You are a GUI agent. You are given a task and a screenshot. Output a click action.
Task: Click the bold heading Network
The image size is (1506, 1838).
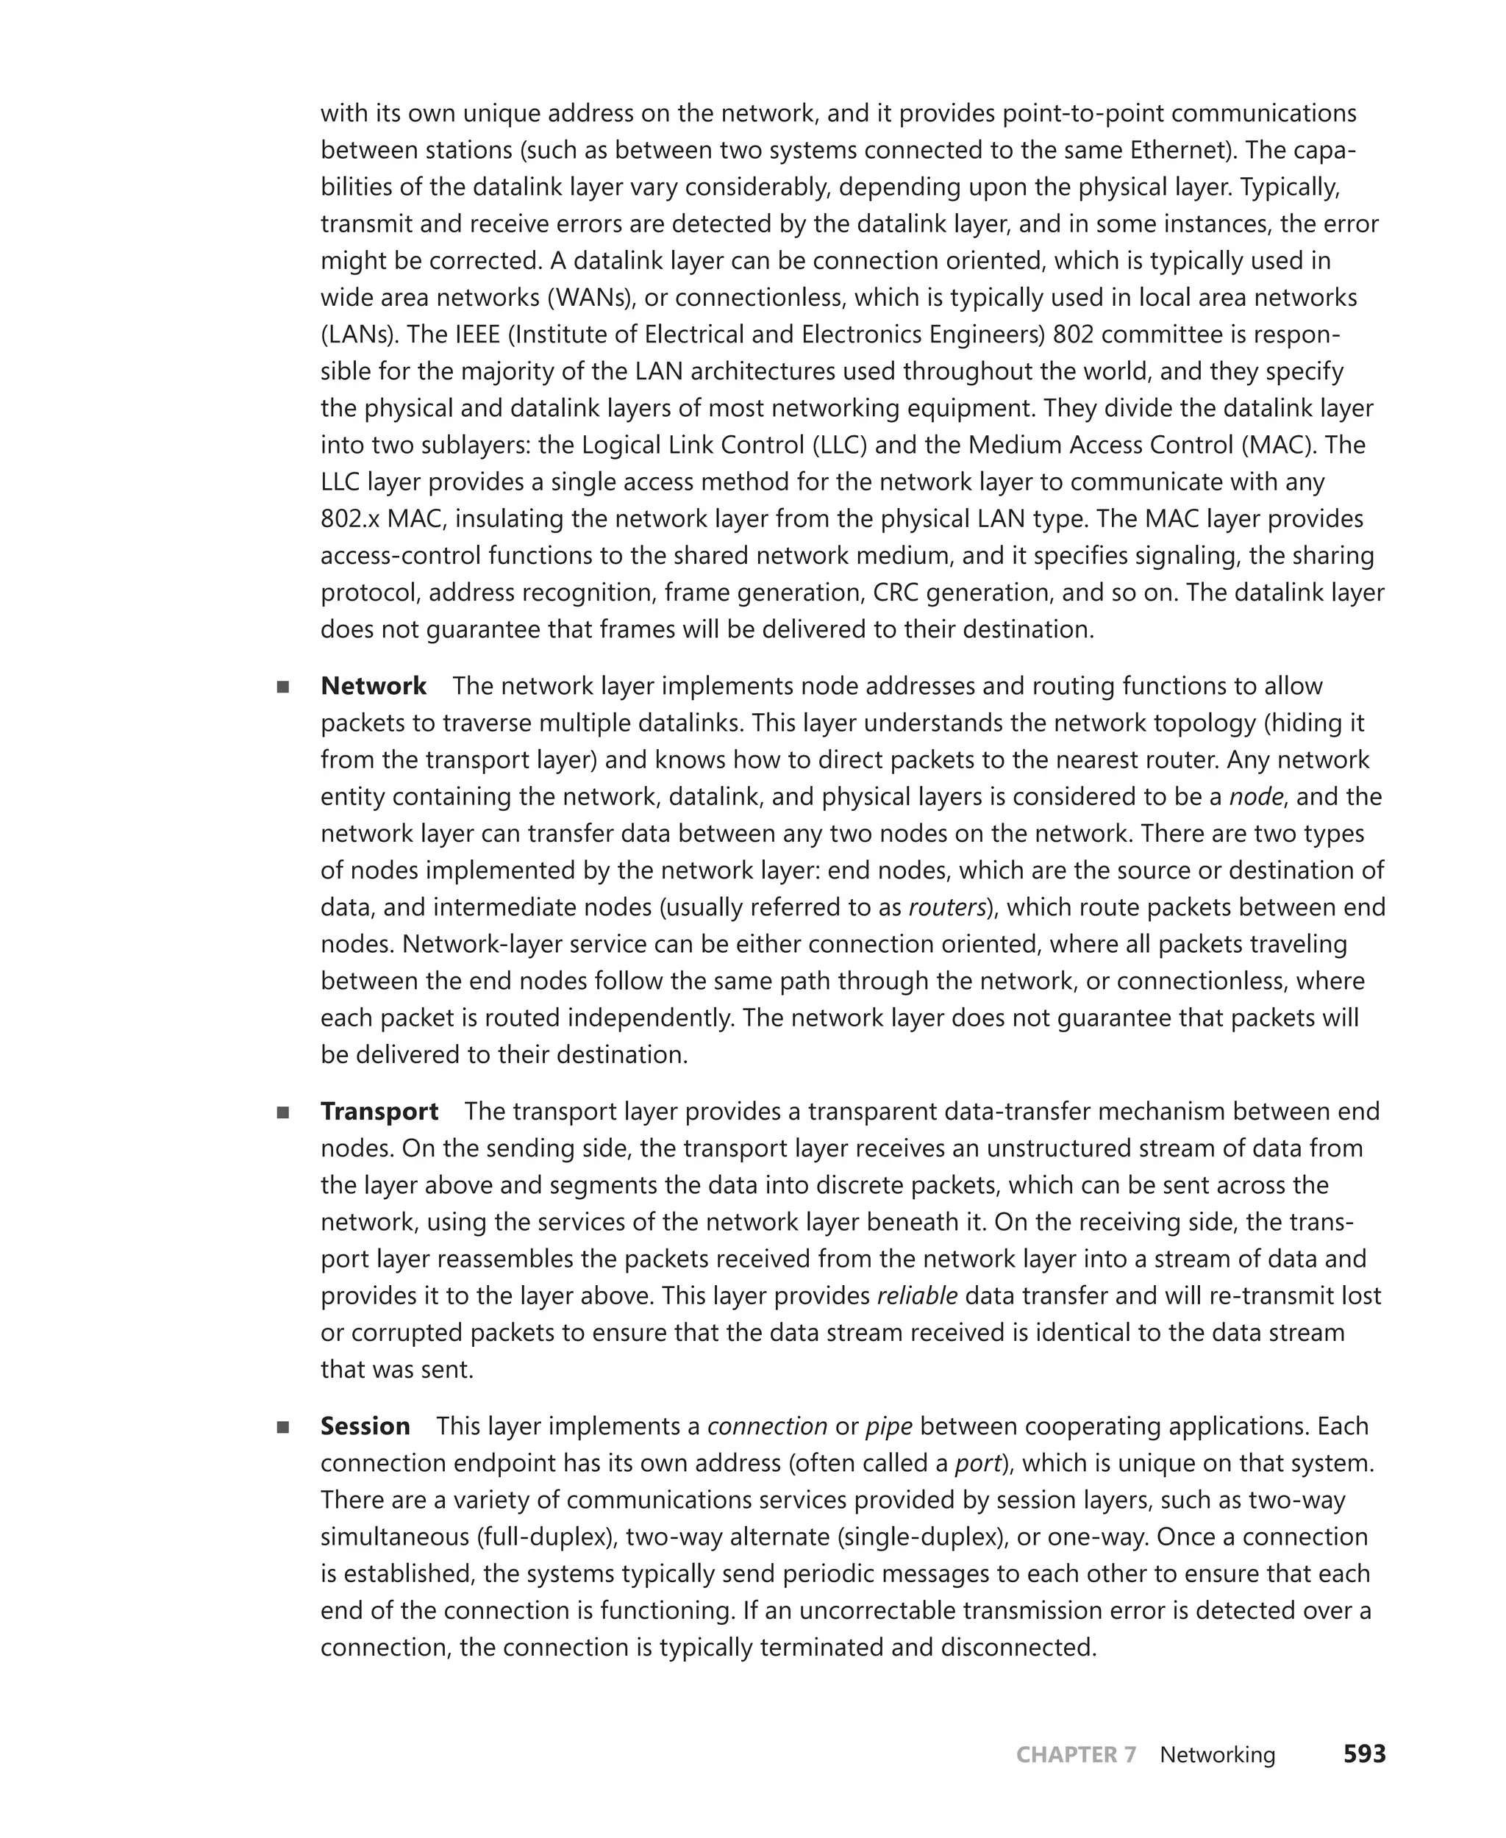(373, 686)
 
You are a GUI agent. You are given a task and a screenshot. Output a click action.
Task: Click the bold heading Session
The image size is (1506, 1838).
(364, 1426)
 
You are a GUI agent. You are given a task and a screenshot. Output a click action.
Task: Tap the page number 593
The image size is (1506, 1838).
(1364, 1754)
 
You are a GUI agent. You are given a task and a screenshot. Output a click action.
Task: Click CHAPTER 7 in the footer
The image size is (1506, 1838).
(1075, 1755)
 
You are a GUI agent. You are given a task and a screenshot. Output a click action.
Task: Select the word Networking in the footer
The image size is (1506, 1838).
(1217, 1755)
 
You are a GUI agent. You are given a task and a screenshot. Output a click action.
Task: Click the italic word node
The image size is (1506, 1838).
(1256, 796)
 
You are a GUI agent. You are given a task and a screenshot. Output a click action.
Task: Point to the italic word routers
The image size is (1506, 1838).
(946, 907)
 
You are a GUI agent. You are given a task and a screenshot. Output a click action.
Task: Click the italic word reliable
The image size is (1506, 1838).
(917, 1296)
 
